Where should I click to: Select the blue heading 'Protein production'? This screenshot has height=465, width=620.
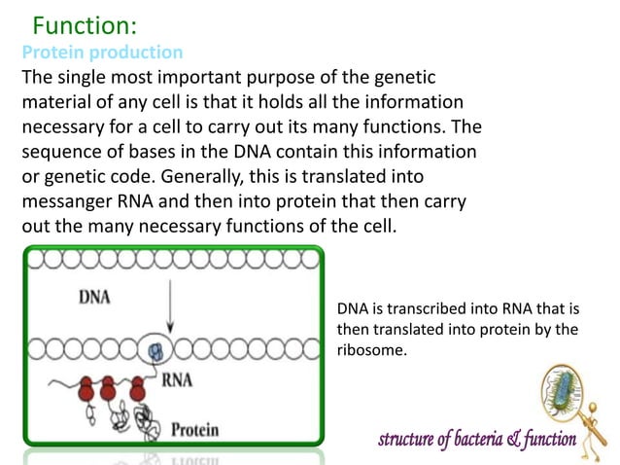coord(102,52)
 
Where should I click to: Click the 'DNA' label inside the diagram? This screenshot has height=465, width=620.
coord(95,298)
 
